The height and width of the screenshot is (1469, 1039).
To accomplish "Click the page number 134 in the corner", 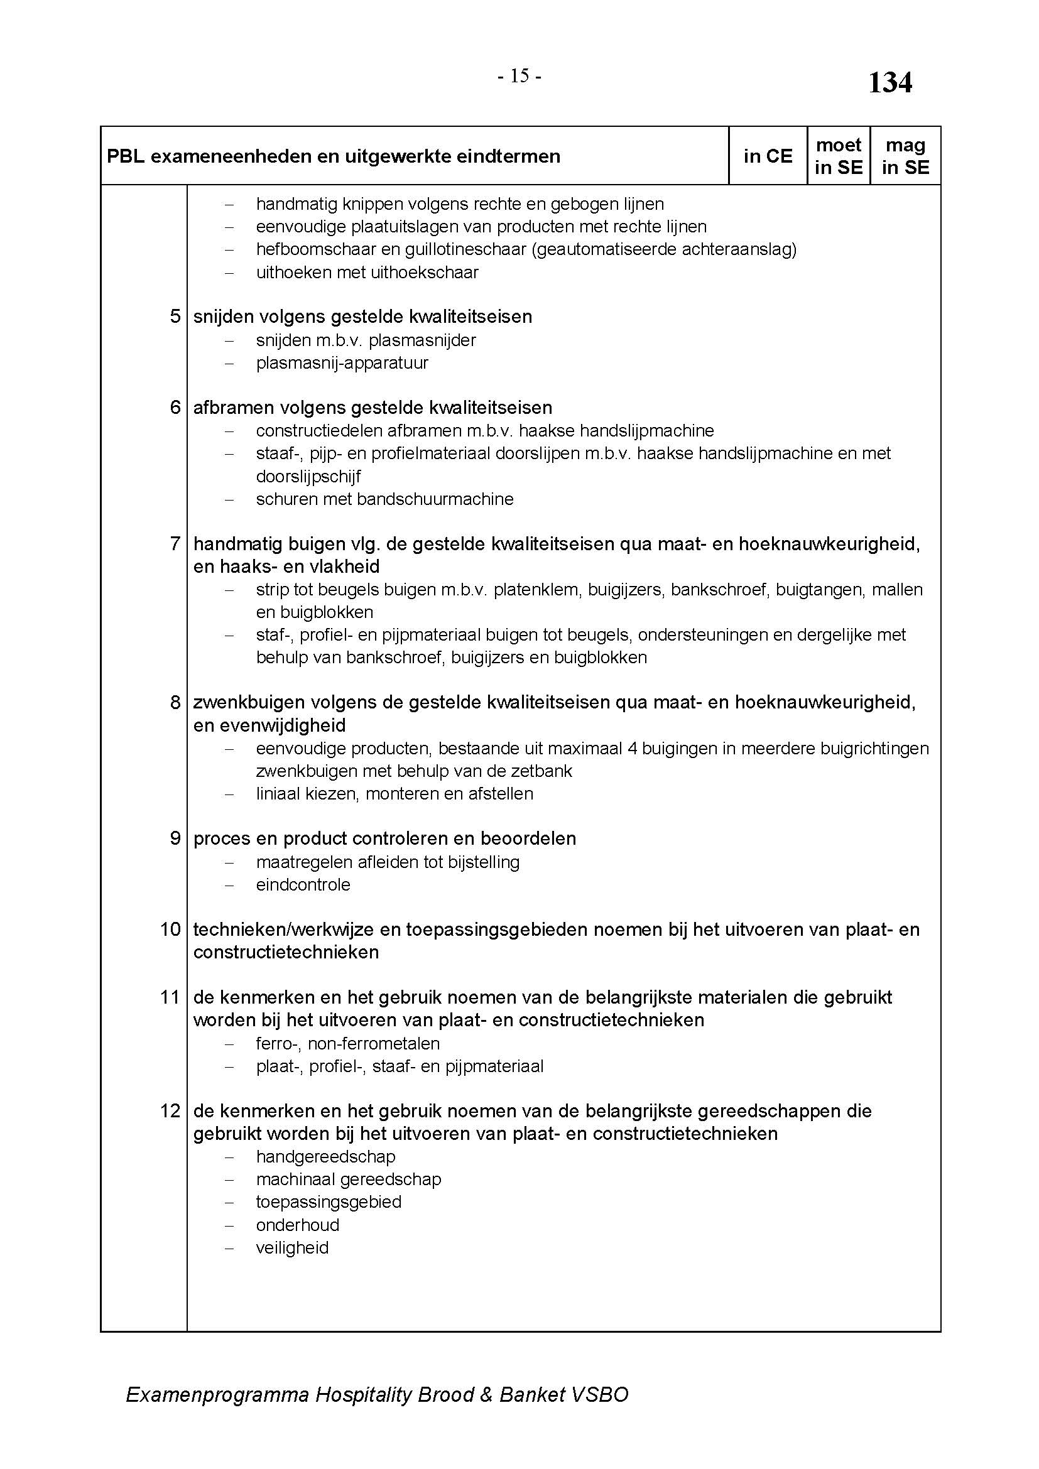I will point(889,83).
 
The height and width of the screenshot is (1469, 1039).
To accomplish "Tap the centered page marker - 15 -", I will point(519,77).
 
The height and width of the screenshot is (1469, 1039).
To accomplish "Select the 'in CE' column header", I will point(768,156).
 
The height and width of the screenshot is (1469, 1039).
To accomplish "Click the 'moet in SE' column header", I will point(838,156).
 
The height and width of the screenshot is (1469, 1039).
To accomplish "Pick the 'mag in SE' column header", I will point(905,156).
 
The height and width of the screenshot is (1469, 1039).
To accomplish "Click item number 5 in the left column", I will point(175,317).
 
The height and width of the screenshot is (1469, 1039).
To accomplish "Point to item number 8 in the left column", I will point(175,703).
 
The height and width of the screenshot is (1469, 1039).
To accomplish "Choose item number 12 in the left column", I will point(170,1111).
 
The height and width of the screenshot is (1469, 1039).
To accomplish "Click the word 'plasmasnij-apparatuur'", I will point(342,363).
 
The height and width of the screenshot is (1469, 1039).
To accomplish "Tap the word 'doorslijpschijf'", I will point(308,477).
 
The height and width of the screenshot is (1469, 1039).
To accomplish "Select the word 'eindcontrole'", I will point(303,885).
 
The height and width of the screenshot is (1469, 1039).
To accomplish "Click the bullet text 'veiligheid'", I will point(292,1248).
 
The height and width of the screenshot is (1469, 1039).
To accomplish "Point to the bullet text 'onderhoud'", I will point(298,1225).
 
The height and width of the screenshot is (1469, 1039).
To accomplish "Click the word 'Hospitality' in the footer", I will point(362,1395).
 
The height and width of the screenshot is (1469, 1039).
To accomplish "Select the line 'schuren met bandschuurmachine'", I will point(384,499).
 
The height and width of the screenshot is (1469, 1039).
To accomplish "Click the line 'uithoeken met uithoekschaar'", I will point(367,273).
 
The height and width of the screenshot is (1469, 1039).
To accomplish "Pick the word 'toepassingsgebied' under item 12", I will point(329,1201).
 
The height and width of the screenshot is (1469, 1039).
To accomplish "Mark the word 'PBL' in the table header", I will point(126,157).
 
